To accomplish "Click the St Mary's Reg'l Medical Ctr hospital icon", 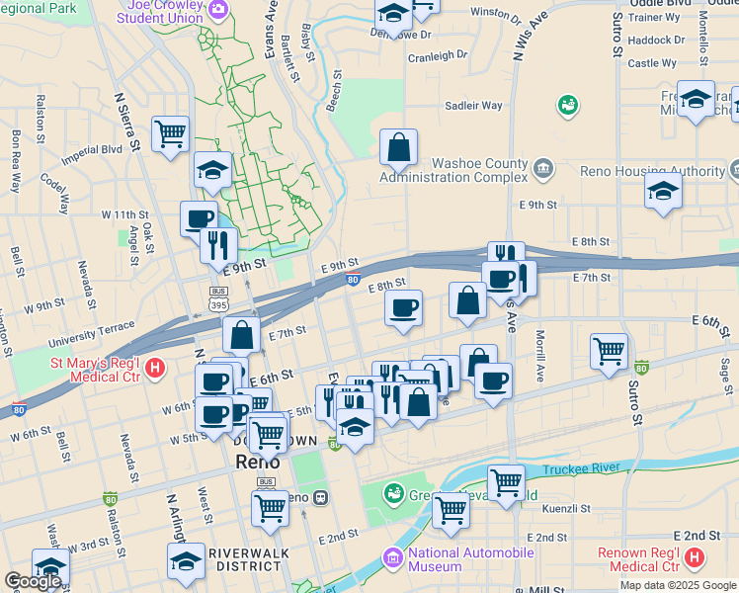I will click(155, 370).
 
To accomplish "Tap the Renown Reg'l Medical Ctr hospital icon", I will click(694, 559).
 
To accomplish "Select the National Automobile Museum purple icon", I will click(394, 559).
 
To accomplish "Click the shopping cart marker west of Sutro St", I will click(609, 350).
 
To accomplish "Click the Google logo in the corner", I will click(32, 581).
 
